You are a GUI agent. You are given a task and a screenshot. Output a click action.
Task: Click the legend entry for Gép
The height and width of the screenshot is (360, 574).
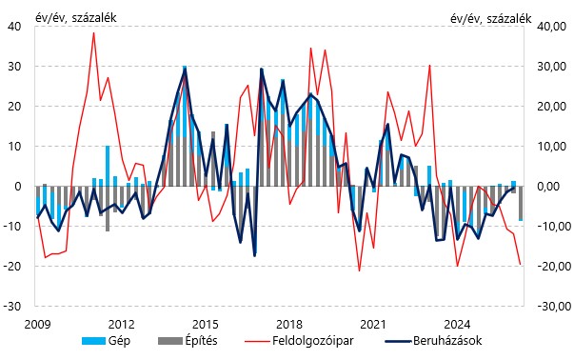pyautogui.click(x=106, y=341)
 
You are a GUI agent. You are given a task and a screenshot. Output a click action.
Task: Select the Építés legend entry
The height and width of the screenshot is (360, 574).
pyautogui.click(x=188, y=341)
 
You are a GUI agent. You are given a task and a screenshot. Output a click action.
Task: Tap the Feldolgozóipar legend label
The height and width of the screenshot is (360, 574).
pyautogui.click(x=312, y=341)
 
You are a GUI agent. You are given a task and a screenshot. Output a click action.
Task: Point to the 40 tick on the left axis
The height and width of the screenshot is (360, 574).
pyautogui.click(x=14, y=27)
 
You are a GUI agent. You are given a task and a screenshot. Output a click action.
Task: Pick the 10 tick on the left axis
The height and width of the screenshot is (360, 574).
pyautogui.click(x=14, y=146)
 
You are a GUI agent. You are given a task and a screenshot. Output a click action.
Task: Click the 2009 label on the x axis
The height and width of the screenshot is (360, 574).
pyautogui.click(x=37, y=325)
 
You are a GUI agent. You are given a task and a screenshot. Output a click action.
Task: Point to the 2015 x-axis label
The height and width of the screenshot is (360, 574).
pyautogui.click(x=205, y=325)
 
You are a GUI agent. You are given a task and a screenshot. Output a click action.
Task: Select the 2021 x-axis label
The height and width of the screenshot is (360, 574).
pyautogui.click(x=373, y=325)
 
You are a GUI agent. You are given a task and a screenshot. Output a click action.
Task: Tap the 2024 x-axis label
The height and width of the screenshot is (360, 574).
pyautogui.click(x=457, y=325)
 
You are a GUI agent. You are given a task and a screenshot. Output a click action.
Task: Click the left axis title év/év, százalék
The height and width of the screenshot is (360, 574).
pyautogui.click(x=76, y=17)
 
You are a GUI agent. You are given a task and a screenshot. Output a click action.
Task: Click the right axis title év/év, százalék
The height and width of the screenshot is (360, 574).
pyautogui.click(x=490, y=18)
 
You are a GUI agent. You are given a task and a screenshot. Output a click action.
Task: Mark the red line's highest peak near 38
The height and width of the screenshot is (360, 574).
pyautogui.click(x=93, y=33)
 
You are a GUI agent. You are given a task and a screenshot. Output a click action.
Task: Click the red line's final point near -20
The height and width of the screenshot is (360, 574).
pyautogui.click(x=520, y=264)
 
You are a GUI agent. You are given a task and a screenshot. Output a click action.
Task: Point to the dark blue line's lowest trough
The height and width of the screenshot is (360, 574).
pyautogui.click(x=255, y=255)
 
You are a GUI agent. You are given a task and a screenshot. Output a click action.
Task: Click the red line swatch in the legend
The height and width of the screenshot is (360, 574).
pyautogui.click(x=256, y=341)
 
